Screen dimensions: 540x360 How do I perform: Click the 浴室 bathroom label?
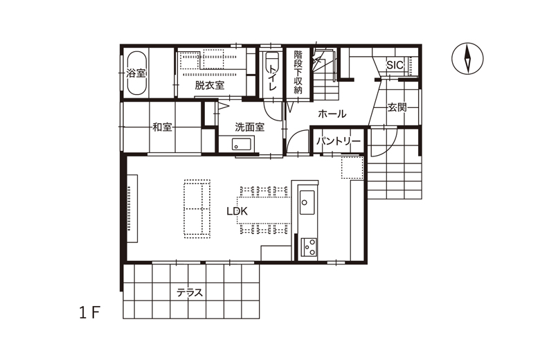click(136, 73)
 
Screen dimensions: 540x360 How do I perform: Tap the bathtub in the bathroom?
click(136, 73)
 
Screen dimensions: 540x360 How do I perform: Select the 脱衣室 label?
click(209, 85)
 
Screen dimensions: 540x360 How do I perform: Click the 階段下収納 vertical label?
click(298, 72)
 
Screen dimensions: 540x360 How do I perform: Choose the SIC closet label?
click(395, 65)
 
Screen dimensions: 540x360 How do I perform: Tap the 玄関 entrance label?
click(397, 107)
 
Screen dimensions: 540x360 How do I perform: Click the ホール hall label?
click(332, 114)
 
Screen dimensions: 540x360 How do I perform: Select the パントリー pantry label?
click(339, 141)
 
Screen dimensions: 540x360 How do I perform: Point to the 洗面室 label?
click(250, 127)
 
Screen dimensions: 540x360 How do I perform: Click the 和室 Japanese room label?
click(162, 127)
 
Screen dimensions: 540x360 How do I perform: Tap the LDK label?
click(237, 211)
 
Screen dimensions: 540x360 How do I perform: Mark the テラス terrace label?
click(190, 293)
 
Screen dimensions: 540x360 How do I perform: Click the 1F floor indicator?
click(89, 312)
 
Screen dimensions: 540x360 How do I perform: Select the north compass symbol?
click(467, 58)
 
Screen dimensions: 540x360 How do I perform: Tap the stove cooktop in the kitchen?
click(309, 247)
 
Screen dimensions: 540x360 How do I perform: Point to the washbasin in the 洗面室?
click(240, 144)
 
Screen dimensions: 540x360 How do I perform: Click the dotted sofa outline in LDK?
click(197, 208)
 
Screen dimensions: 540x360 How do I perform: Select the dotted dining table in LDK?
click(264, 210)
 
